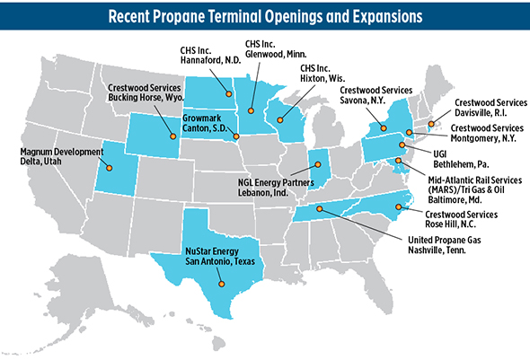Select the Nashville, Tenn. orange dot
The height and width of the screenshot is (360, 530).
pyautogui.click(x=317, y=210)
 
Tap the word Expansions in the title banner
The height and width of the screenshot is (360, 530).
pyautogui.click(x=378, y=16)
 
